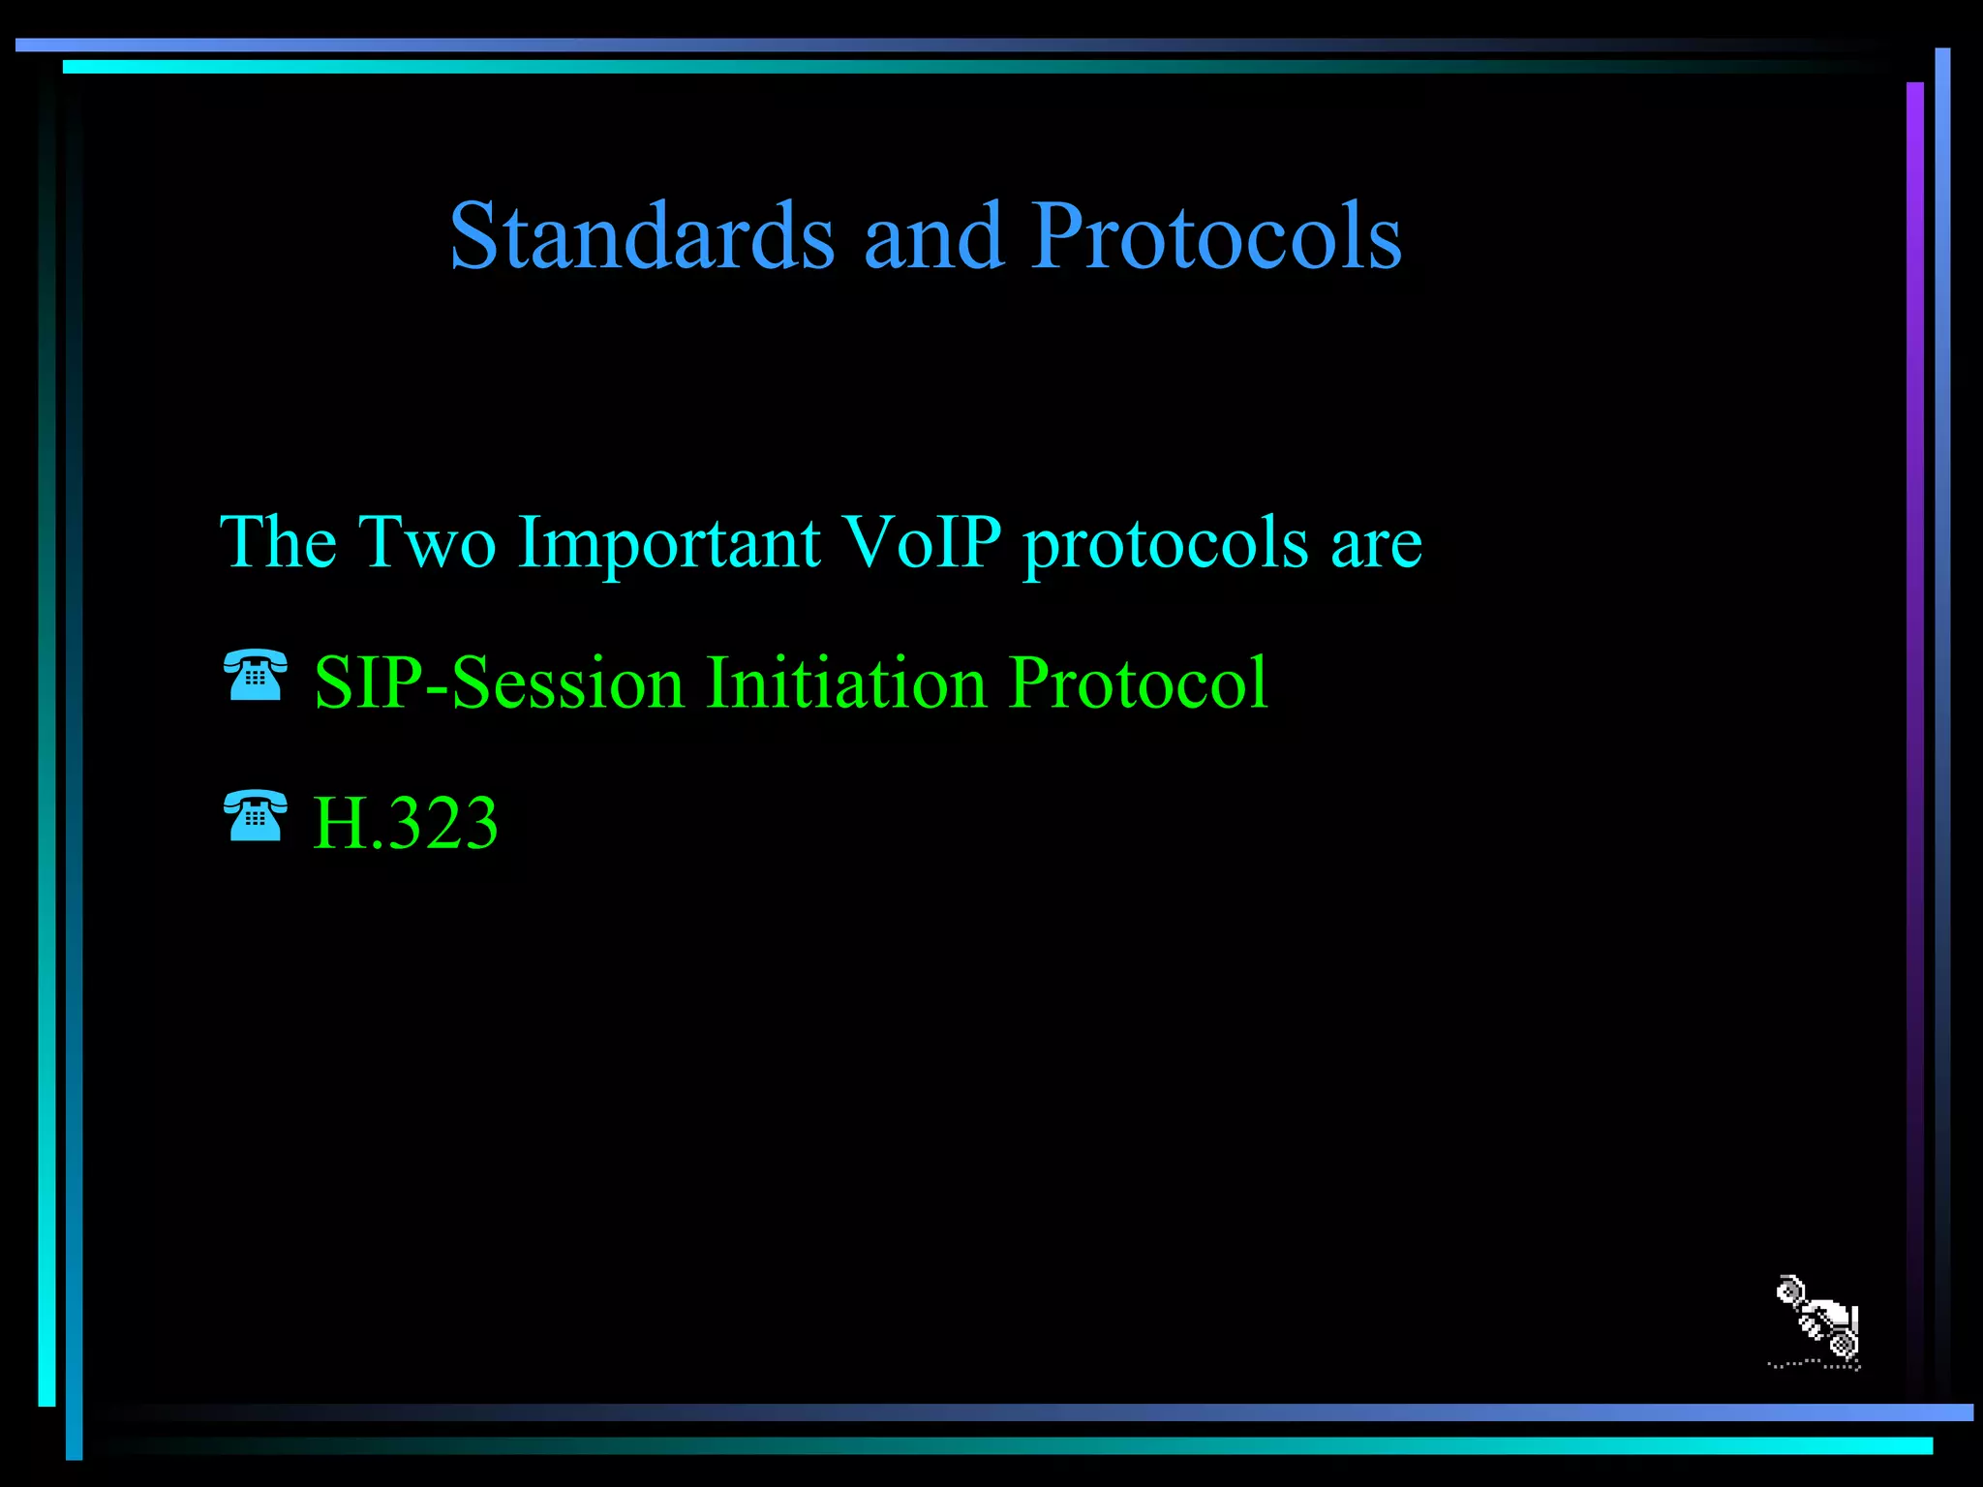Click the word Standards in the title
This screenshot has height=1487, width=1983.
click(x=641, y=236)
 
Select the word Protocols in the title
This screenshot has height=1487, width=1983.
click(x=1216, y=236)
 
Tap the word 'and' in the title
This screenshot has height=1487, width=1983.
click(x=932, y=236)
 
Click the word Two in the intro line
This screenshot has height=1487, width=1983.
click(x=427, y=542)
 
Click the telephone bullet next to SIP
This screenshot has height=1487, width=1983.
click(x=255, y=676)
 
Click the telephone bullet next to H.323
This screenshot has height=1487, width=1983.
click(x=255, y=816)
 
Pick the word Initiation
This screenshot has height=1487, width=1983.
click(x=846, y=683)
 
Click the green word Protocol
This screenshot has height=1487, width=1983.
click(x=1138, y=683)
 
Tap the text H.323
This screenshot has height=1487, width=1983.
click(x=405, y=824)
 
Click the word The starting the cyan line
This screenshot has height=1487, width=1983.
click(x=278, y=542)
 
